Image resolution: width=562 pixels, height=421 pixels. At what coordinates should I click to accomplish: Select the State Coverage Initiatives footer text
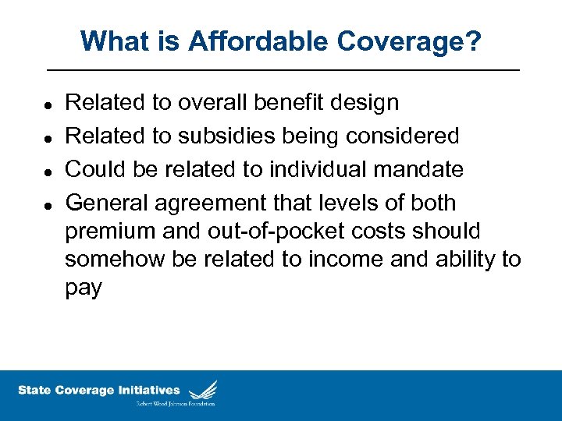point(98,390)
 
